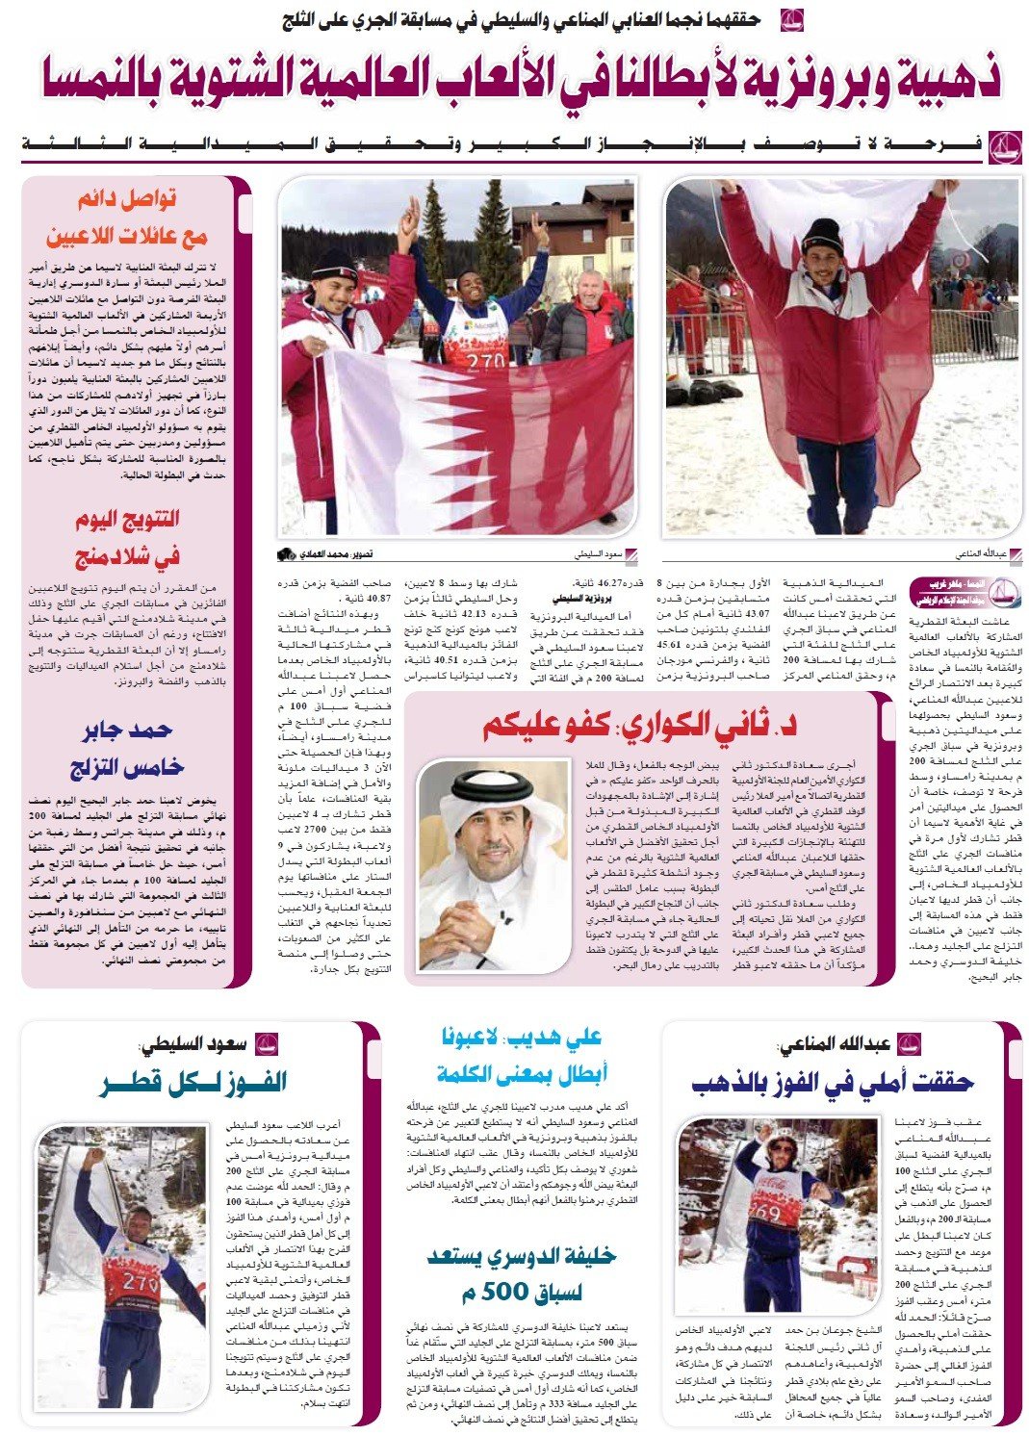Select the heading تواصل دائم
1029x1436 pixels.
[128, 200]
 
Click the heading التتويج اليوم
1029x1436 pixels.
[128, 520]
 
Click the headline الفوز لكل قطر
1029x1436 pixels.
[193, 1083]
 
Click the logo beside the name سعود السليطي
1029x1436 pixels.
[267, 1044]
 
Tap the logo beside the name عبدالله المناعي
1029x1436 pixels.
[908, 1044]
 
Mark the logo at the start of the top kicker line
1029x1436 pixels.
[791, 18]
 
